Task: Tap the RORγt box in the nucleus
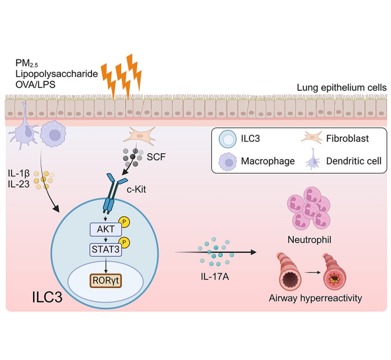click(x=105, y=281)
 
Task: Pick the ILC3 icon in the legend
click(x=228, y=139)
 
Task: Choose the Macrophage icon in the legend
click(x=228, y=160)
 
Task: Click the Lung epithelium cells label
click(x=342, y=88)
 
